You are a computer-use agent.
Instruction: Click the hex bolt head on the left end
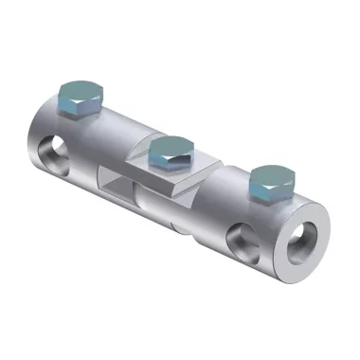click(78, 98)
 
